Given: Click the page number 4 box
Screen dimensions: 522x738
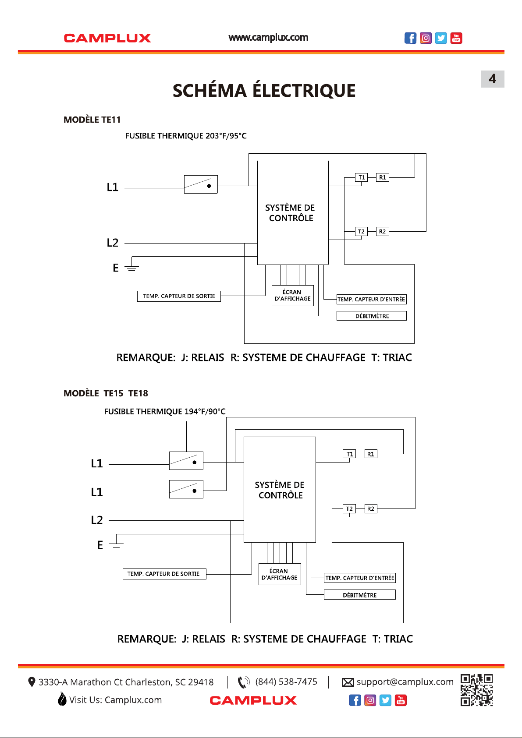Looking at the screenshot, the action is tap(492, 79).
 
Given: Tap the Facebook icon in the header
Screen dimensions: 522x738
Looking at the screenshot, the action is tap(410, 38).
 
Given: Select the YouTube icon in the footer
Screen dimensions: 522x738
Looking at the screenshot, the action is tap(401, 700).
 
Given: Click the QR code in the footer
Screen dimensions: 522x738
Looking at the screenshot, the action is tap(476, 690).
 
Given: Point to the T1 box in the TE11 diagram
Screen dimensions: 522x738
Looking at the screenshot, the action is tap(362, 177).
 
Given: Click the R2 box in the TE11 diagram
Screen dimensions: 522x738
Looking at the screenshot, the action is tap(383, 231).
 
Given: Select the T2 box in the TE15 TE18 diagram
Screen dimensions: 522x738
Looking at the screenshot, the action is tap(349, 508).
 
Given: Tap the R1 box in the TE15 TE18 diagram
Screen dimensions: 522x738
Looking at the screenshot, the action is tap(371, 454).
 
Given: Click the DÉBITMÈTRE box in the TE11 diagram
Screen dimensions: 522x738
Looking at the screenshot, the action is tap(372, 316).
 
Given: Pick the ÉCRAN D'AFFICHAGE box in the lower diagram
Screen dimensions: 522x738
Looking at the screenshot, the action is tap(280, 574).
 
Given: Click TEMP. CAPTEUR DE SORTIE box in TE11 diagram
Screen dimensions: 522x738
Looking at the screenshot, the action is tap(179, 296).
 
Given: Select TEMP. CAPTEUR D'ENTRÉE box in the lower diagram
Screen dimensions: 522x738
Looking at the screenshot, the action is tap(360, 578).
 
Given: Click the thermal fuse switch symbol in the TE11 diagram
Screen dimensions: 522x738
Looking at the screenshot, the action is tap(201, 184).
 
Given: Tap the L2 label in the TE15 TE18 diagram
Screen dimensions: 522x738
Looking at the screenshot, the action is tap(97, 520).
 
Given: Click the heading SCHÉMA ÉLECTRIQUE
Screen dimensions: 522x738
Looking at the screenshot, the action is tap(264, 91).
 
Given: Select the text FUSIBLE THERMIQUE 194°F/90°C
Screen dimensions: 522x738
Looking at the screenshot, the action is tap(165, 412).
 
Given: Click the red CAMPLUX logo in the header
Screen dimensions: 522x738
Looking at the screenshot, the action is tap(107, 38).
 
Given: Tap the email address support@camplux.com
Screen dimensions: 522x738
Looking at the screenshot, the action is tap(405, 682).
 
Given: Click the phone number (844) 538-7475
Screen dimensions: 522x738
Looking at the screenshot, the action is tap(286, 682).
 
